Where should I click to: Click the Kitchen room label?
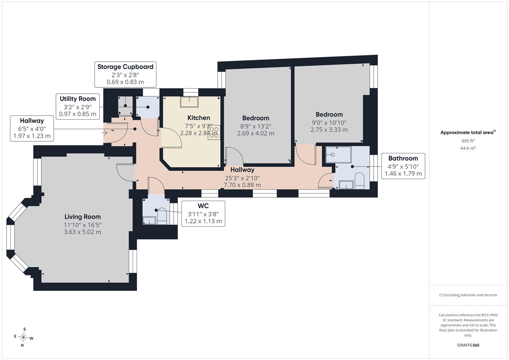[199, 118]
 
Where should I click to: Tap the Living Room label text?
[82, 217]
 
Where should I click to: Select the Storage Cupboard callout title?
[125, 67]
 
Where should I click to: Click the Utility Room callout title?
[78, 99]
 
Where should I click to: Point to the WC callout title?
[203, 206]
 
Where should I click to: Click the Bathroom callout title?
[403, 158]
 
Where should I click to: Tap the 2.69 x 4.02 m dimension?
[256, 133]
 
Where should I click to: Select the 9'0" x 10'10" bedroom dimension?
[329, 123]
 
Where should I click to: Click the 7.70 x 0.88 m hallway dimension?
[242, 185]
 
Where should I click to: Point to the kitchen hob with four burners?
[214, 133]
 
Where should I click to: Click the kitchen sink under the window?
[189, 102]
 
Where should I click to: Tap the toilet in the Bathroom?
[359, 181]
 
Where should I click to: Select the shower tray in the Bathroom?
[339, 155]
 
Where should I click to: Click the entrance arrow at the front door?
[104, 133]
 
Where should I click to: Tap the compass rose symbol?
[23, 337]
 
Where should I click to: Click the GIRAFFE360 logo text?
[468, 345]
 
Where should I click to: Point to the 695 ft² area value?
[468, 141]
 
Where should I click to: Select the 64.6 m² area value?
[468, 148]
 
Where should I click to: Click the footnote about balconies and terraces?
[468, 295]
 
